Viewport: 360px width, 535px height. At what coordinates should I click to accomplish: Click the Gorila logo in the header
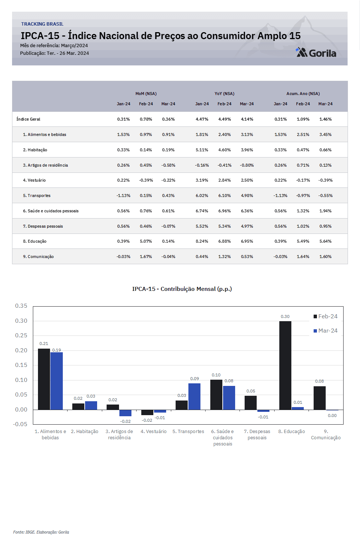[x=316, y=53]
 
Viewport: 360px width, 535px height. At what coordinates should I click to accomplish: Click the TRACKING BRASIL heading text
[x=42, y=24]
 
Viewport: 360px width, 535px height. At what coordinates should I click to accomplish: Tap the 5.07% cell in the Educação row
[x=146, y=241]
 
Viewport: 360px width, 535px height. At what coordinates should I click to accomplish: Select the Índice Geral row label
[x=28, y=119]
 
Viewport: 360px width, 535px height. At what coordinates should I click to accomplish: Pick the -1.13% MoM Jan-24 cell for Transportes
[x=123, y=196]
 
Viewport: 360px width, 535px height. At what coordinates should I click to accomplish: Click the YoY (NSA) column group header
[x=224, y=94]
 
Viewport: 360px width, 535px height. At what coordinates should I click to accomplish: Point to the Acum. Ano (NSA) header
[x=303, y=94]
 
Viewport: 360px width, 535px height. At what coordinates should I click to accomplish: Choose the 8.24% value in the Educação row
[x=202, y=241]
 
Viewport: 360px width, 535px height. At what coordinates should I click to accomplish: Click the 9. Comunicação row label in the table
[x=38, y=257]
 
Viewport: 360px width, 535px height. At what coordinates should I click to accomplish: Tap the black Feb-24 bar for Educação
[x=285, y=365]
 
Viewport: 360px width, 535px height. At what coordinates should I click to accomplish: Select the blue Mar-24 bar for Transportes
[x=195, y=396]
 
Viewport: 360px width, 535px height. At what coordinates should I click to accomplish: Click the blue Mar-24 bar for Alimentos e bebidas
[x=57, y=381]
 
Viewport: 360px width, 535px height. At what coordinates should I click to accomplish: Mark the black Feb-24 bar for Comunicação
[x=319, y=398]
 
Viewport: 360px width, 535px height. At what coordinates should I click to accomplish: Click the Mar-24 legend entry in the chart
[x=325, y=331]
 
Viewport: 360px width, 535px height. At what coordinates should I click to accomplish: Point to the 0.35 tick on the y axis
[x=21, y=306]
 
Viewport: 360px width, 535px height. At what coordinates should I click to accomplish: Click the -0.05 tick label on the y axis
[x=20, y=424]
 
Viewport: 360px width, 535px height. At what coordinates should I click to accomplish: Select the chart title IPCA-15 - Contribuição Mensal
[x=182, y=289]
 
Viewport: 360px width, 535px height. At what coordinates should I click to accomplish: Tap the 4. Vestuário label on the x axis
[x=153, y=431]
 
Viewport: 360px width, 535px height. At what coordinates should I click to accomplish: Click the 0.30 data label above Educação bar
[x=285, y=316]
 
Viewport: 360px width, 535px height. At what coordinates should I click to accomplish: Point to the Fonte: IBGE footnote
[x=41, y=532]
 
